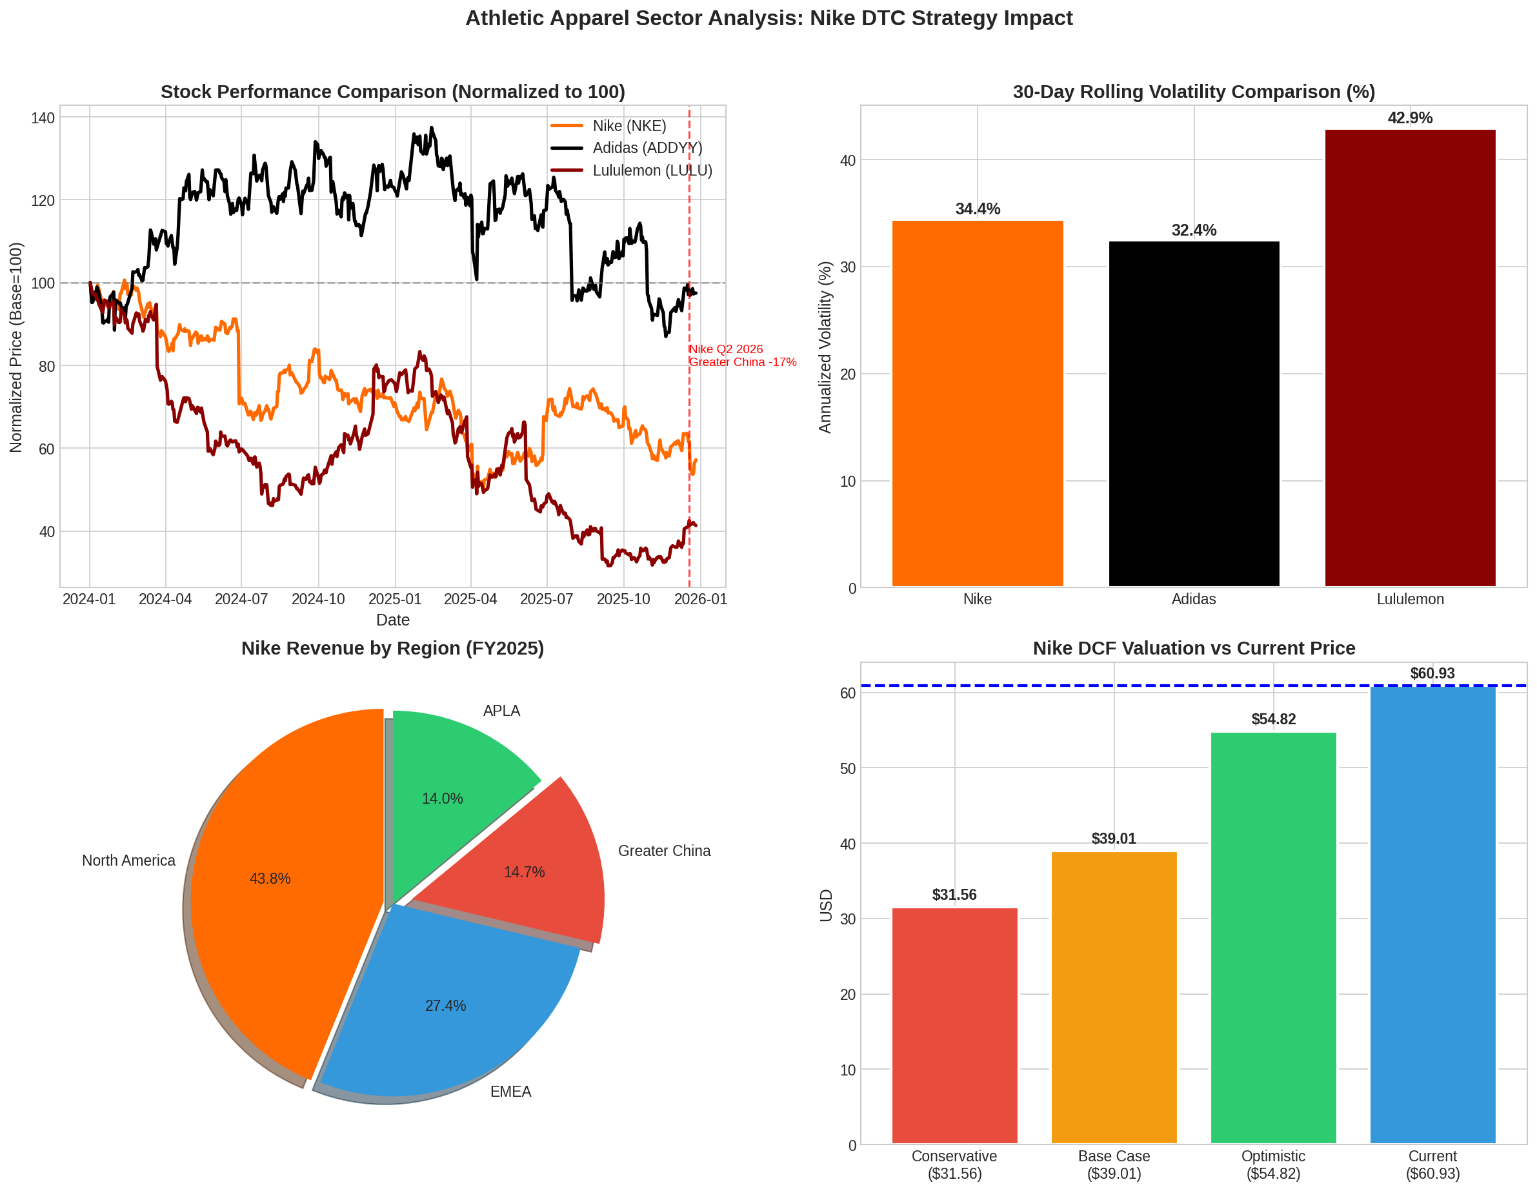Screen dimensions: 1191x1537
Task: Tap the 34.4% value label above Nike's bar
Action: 978,209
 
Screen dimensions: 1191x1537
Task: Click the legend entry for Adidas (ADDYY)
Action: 647,148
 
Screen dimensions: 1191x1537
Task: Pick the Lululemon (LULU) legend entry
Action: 652,170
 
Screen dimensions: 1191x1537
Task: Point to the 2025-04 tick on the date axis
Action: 470,599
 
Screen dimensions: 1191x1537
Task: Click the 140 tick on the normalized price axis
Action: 43,118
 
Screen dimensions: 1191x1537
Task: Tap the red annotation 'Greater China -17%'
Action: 743,361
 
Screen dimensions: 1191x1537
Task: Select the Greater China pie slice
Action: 535,866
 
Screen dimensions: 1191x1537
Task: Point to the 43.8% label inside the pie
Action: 270,879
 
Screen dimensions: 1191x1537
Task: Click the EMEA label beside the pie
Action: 510,1092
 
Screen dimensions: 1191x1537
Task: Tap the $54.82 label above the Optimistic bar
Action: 1273,719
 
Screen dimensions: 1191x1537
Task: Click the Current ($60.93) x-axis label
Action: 1432,1165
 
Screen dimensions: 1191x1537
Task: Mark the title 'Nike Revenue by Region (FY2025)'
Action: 393,648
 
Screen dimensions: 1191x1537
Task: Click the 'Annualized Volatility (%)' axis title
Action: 825,347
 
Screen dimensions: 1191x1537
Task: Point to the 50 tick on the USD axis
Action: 847,769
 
